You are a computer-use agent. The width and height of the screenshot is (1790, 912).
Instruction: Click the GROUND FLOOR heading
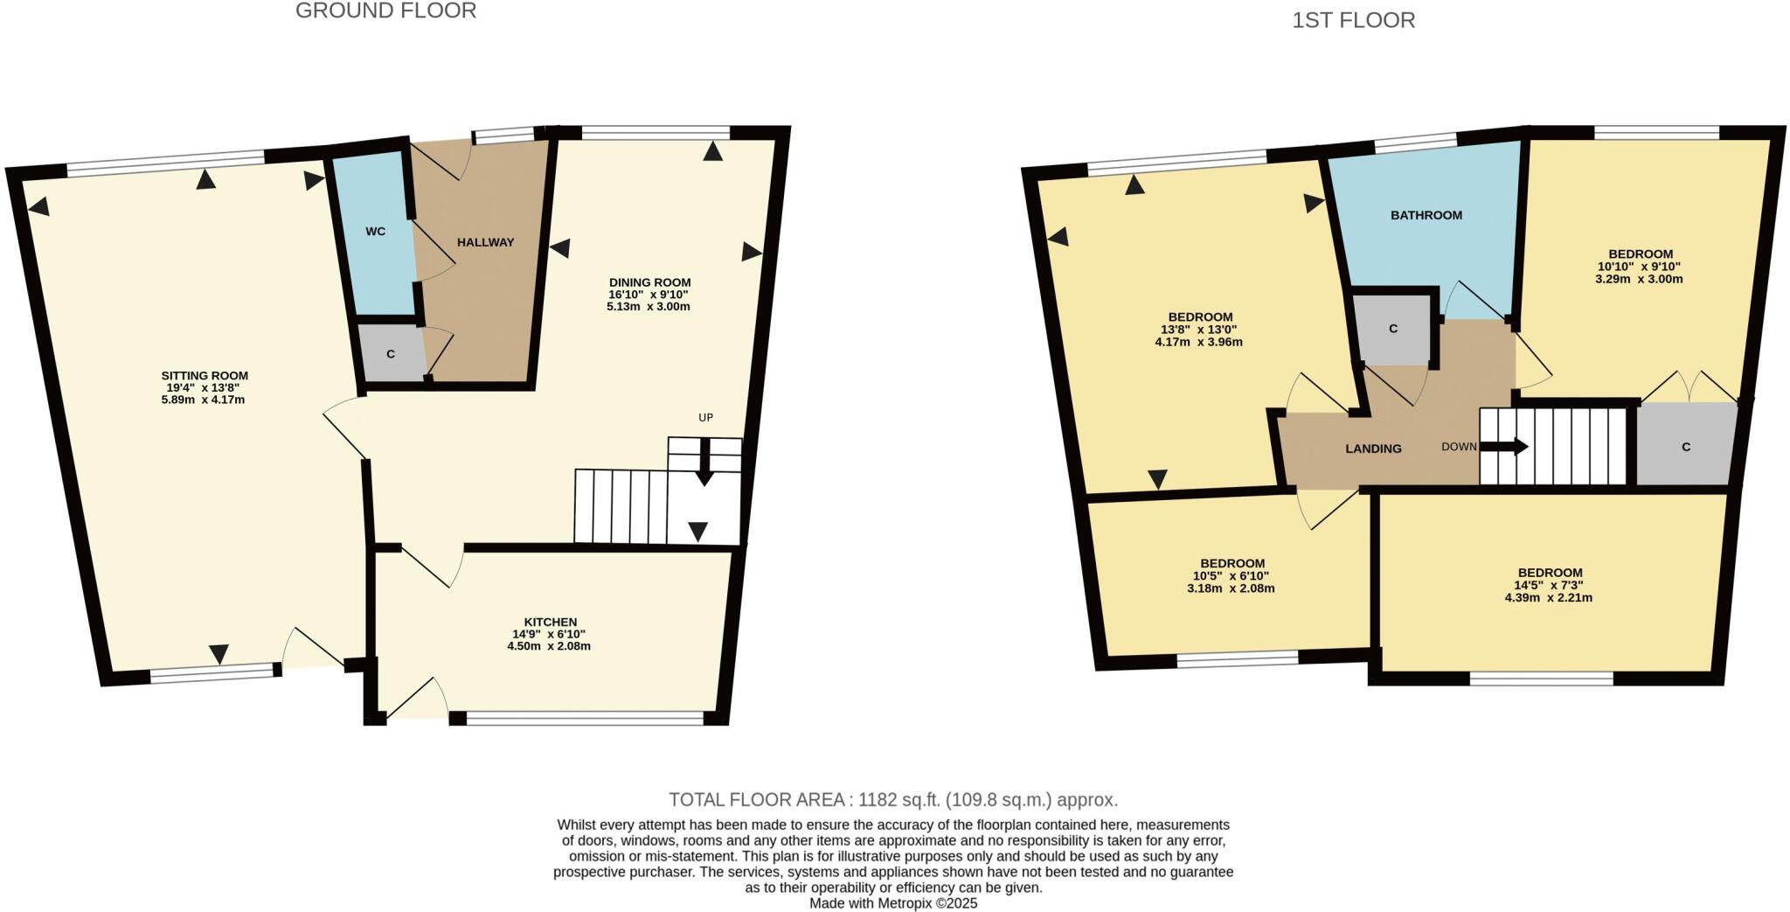click(x=385, y=11)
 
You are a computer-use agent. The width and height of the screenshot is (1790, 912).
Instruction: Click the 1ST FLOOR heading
click(x=1353, y=20)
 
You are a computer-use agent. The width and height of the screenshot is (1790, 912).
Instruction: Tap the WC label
click(x=376, y=232)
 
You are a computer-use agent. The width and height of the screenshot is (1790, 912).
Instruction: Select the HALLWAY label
click(x=485, y=242)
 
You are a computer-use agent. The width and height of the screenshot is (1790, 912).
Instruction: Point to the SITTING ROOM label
click(x=205, y=376)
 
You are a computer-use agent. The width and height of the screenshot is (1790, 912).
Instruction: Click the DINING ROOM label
click(x=649, y=282)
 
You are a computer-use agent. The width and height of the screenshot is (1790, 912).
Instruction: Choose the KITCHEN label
click(x=550, y=622)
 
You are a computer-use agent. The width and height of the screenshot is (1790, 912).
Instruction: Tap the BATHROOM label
click(x=1426, y=215)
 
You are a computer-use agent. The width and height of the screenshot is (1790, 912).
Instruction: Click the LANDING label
click(x=1373, y=449)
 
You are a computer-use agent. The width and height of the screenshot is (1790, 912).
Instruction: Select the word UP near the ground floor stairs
click(x=705, y=418)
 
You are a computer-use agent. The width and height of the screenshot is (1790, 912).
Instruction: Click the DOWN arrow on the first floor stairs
click(x=1504, y=447)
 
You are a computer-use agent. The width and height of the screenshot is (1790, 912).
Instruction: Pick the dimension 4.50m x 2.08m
click(x=549, y=646)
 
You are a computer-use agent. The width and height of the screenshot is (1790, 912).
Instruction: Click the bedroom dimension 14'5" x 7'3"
click(x=1549, y=586)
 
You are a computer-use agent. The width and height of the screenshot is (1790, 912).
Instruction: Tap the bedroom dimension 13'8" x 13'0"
click(x=1200, y=330)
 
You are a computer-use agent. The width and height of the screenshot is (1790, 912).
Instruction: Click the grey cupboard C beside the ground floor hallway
click(x=391, y=354)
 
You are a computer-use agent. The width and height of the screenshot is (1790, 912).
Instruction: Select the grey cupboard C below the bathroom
click(x=1393, y=329)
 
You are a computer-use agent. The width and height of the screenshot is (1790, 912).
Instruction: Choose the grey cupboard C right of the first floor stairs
click(x=1685, y=447)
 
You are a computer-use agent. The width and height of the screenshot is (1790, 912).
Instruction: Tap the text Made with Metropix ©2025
click(x=893, y=903)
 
